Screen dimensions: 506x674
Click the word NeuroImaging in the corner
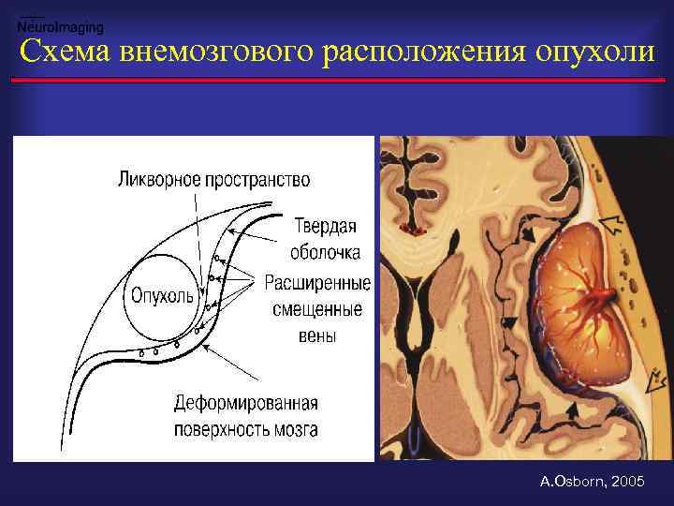(x=61, y=28)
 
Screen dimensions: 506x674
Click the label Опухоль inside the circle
(x=162, y=295)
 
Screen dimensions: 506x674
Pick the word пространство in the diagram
(x=257, y=178)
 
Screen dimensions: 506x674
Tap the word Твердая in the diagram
(x=325, y=228)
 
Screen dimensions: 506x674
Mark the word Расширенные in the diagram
(x=317, y=282)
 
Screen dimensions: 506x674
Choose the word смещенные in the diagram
(x=316, y=308)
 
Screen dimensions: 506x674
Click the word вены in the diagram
(x=318, y=335)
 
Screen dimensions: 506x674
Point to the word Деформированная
(x=246, y=404)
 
